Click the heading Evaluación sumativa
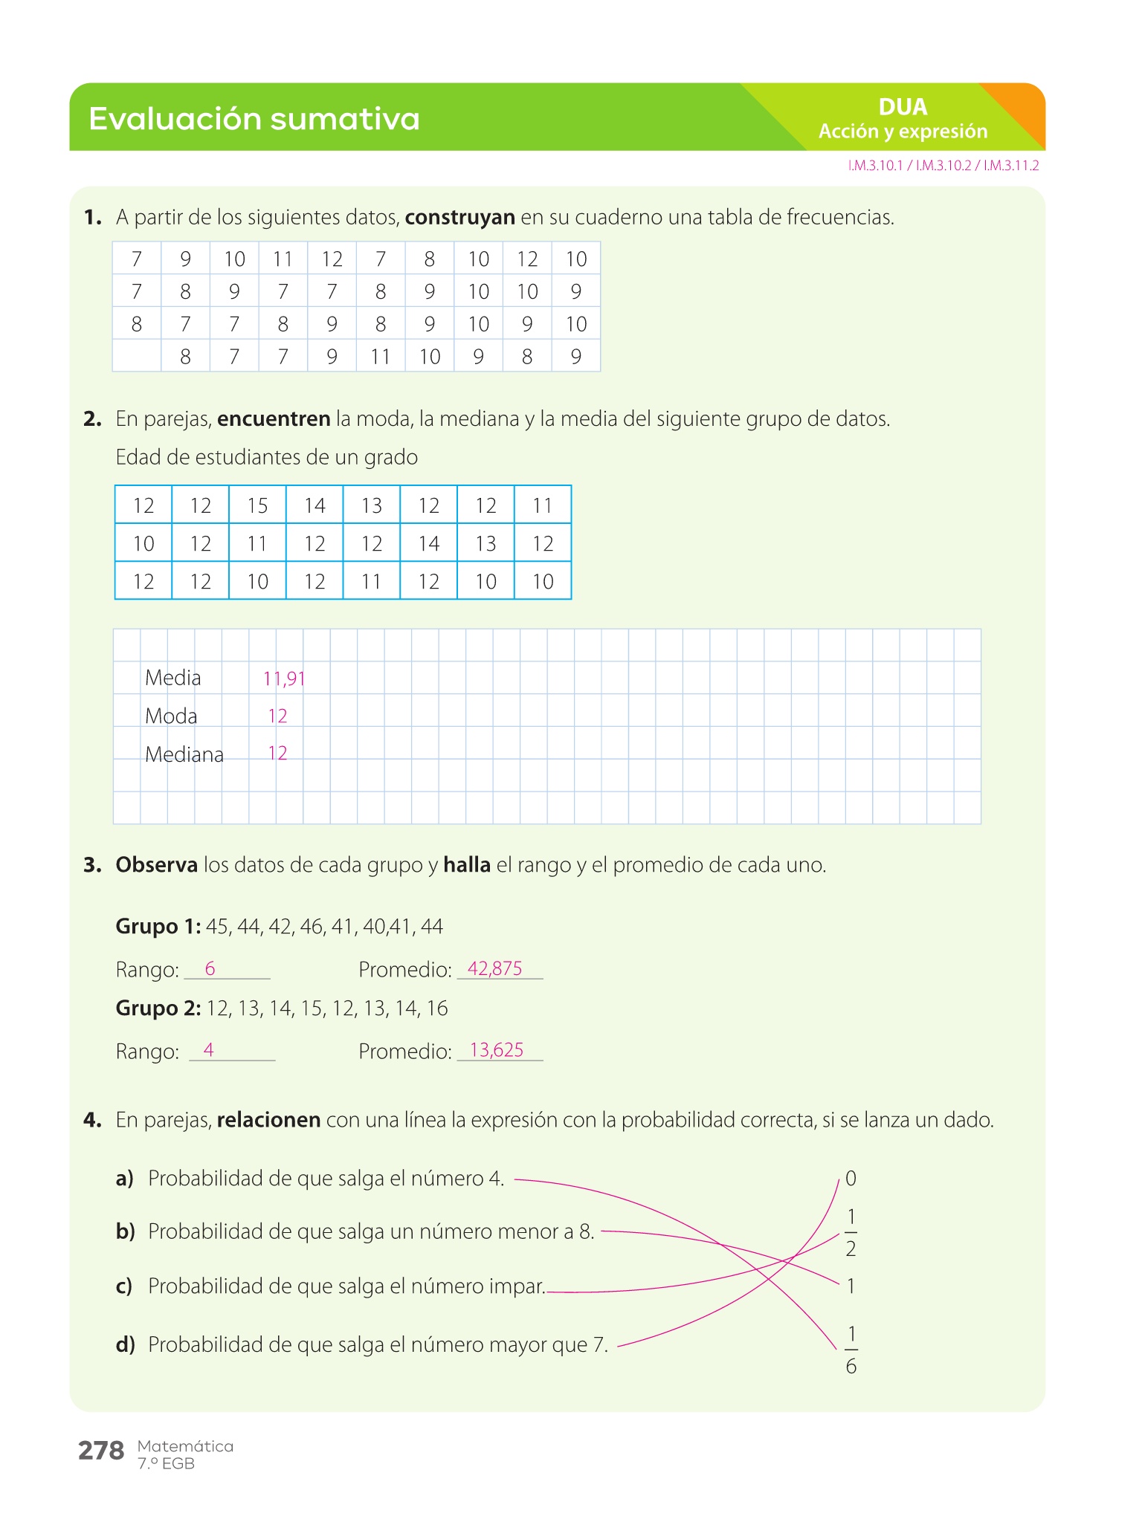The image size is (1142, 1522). (254, 119)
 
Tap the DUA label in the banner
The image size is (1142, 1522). (903, 107)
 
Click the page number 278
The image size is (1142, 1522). (101, 1450)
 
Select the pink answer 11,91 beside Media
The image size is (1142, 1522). (284, 679)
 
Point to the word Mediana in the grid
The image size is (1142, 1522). (184, 754)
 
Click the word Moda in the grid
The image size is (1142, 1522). (171, 716)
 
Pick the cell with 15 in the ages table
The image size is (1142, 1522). (257, 505)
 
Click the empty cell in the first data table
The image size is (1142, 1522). (137, 356)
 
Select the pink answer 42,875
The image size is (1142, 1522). (495, 968)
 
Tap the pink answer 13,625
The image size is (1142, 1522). (497, 1050)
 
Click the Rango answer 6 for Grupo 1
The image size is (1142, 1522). (210, 968)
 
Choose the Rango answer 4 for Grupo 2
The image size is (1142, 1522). (209, 1050)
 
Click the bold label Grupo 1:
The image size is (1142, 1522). (158, 926)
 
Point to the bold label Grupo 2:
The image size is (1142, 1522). (158, 1008)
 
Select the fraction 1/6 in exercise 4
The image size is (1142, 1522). (851, 1350)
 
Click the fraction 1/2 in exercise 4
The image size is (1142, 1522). (851, 1233)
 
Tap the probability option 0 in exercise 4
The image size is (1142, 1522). (851, 1178)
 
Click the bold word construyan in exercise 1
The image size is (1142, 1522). (459, 218)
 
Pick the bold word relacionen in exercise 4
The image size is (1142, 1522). (268, 1120)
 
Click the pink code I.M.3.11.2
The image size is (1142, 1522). (1011, 166)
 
